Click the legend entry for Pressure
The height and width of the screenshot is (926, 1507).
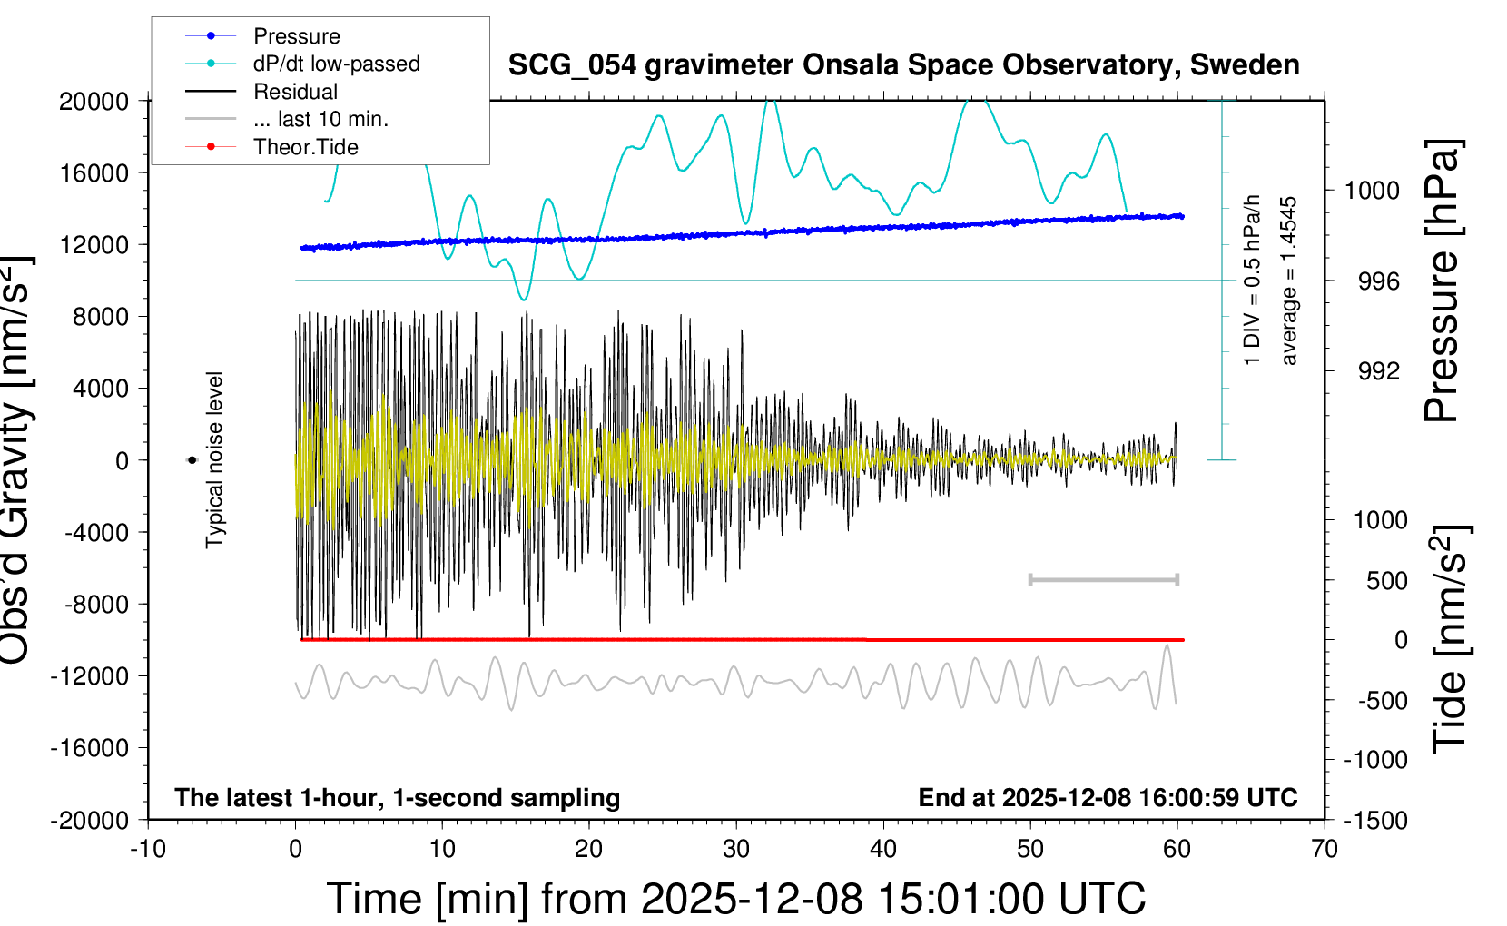[x=296, y=36]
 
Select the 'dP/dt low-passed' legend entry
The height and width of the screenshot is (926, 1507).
[x=336, y=64]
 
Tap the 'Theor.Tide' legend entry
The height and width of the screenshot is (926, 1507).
[x=305, y=147]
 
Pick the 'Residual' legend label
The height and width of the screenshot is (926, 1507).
[x=295, y=92]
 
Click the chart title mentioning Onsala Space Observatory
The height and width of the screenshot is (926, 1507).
[x=903, y=65]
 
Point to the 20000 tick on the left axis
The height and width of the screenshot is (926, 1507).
[x=94, y=102]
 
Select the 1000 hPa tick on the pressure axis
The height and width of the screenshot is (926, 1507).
[x=1372, y=191]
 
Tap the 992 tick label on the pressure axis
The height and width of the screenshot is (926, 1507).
[x=1378, y=371]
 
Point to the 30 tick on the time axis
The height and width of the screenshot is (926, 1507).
[x=736, y=850]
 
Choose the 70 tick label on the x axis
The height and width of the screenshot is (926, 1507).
[x=1325, y=850]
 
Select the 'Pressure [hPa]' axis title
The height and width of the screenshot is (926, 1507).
[x=1442, y=281]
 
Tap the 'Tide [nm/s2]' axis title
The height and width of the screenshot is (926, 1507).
[x=1450, y=640]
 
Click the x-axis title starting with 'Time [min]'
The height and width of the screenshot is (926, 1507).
[x=735, y=899]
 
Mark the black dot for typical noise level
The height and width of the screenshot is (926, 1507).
[x=192, y=460]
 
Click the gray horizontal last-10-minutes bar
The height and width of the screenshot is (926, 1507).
[x=1103, y=579]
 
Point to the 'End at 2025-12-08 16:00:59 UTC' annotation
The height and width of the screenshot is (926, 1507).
[x=1108, y=798]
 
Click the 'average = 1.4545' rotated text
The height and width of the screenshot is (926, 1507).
[x=1289, y=281]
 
